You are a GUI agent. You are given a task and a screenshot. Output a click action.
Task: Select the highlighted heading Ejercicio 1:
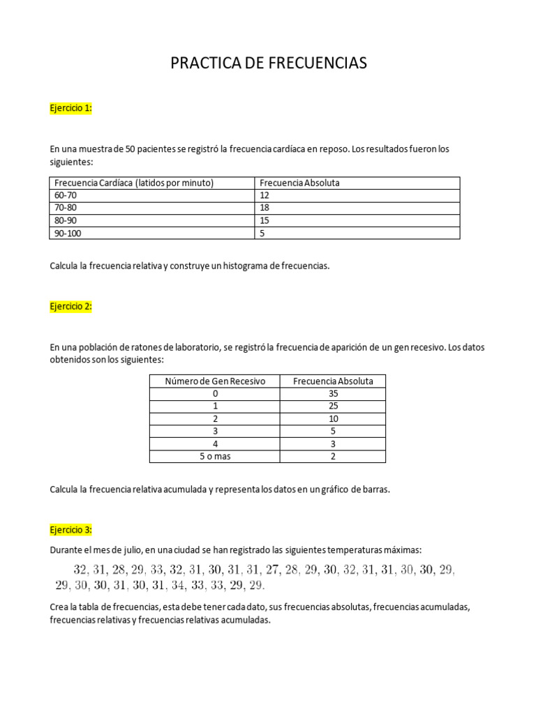coord(70,108)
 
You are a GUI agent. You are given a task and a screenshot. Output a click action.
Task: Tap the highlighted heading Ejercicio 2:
coord(70,306)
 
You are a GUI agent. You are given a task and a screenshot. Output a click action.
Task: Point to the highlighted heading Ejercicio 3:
coord(70,530)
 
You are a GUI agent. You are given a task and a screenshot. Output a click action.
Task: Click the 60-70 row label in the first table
coord(65,195)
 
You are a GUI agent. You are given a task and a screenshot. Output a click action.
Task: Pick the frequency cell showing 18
coord(265,208)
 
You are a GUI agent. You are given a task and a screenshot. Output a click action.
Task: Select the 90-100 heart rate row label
coord(68,233)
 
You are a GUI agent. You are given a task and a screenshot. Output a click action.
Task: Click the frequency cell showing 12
coord(265,195)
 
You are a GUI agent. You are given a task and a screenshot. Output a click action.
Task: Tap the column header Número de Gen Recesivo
coord(214,381)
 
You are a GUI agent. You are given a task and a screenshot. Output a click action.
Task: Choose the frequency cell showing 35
coord(333,393)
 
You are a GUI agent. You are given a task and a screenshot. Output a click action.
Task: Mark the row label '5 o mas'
coord(214,456)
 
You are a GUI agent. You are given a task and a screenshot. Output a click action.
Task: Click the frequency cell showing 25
coord(333,406)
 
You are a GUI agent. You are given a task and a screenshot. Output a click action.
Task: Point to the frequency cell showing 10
coord(333,418)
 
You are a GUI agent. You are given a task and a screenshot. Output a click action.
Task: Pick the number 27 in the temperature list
coord(271,570)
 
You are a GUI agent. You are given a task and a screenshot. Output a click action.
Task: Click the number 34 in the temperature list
coord(178,584)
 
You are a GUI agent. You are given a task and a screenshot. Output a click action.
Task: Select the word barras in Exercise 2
coord(375,489)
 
